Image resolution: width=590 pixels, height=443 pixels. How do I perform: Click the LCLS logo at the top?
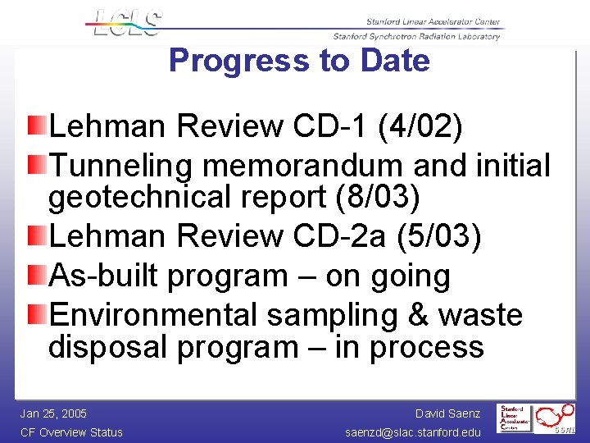pos(124,22)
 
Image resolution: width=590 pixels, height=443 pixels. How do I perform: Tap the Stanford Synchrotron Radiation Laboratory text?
pos(415,36)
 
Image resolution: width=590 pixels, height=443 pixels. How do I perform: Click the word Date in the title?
pos(397,61)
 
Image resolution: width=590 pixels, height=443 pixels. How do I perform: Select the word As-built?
pos(104,276)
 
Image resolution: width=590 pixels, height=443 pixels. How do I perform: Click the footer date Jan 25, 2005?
pos(53,413)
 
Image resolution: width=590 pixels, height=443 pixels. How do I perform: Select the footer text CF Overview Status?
pos(71,432)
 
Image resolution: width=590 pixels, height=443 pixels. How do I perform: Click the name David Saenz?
pos(447,413)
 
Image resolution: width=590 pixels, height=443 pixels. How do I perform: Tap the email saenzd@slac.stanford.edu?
pos(413,432)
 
